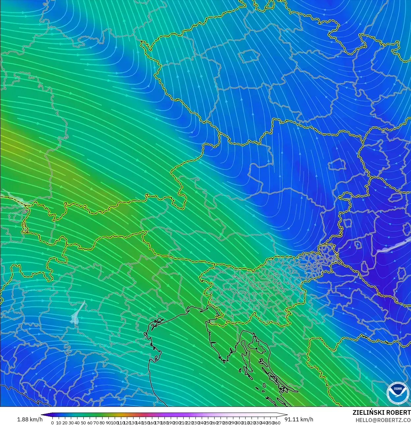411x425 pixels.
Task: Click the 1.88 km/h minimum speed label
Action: click(x=30, y=419)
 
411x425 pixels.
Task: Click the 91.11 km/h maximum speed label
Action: click(x=299, y=419)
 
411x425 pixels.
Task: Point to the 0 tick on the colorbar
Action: click(x=52, y=423)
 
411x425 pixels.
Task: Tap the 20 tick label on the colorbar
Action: click(x=65, y=423)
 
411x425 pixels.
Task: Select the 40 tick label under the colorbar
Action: click(x=77, y=423)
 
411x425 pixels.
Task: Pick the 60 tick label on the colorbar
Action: click(x=90, y=423)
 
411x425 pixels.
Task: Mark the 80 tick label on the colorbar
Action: click(x=102, y=423)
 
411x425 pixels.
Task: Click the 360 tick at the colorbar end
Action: click(x=277, y=423)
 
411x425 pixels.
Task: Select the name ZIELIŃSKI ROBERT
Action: click(x=381, y=413)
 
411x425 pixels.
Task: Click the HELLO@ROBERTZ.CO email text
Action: click(x=383, y=420)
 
